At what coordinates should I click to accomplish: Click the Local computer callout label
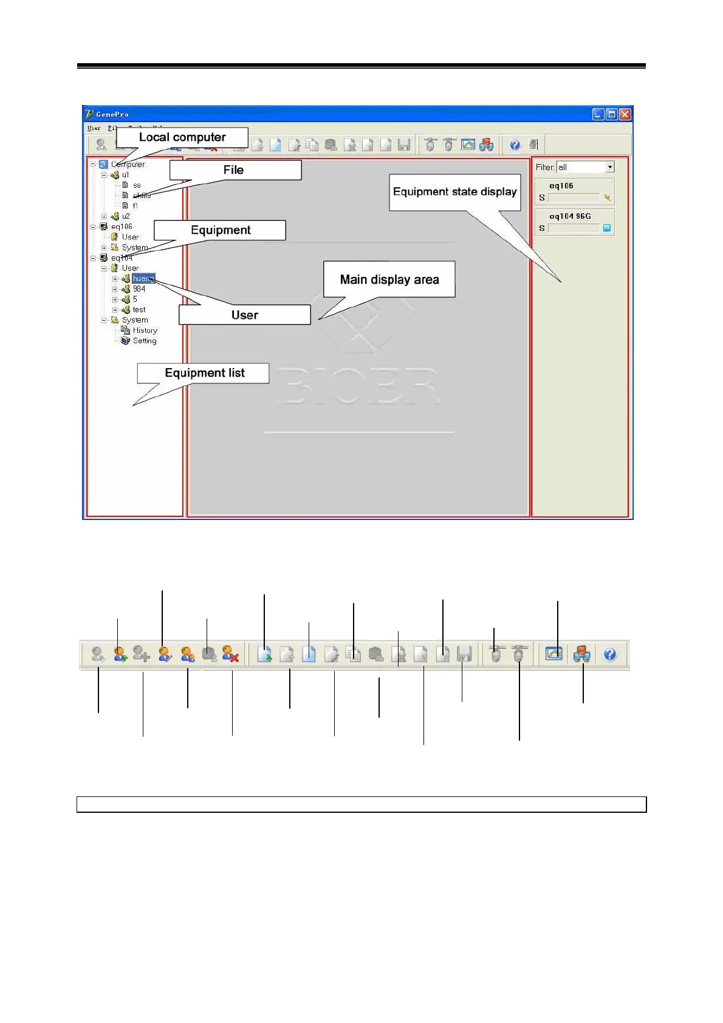click(x=182, y=137)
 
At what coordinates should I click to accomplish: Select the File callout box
click(x=234, y=170)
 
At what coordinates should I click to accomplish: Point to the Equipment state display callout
click(x=454, y=192)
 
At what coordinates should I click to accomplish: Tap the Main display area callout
click(x=389, y=279)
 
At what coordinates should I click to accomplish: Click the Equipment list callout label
click(x=204, y=373)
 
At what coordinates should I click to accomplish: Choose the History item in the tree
click(x=145, y=330)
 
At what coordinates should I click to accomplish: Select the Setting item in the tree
click(x=145, y=341)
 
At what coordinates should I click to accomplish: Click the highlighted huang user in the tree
click(x=143, y=279)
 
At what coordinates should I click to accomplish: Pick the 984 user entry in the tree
click(x=139, y=289)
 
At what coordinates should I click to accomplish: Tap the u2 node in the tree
click(x=126, y=216)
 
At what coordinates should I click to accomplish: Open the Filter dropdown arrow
click(x=610, y=167)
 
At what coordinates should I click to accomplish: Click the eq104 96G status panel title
click(x=570, y=216)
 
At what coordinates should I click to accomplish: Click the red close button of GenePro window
click(x=625, y=114)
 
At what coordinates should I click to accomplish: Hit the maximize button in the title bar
click(x=612, y=114)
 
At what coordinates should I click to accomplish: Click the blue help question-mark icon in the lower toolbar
click(x=609, y=654)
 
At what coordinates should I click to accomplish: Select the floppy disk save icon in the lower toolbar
click(x=464, y=654)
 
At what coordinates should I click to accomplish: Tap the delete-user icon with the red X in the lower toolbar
click(x=230, y=654)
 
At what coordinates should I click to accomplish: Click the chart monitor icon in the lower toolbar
click(x=553, y=654)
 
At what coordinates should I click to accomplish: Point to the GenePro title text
click(x=112, y=114)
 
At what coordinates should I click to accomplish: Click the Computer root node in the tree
click(x=128, y=165)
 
